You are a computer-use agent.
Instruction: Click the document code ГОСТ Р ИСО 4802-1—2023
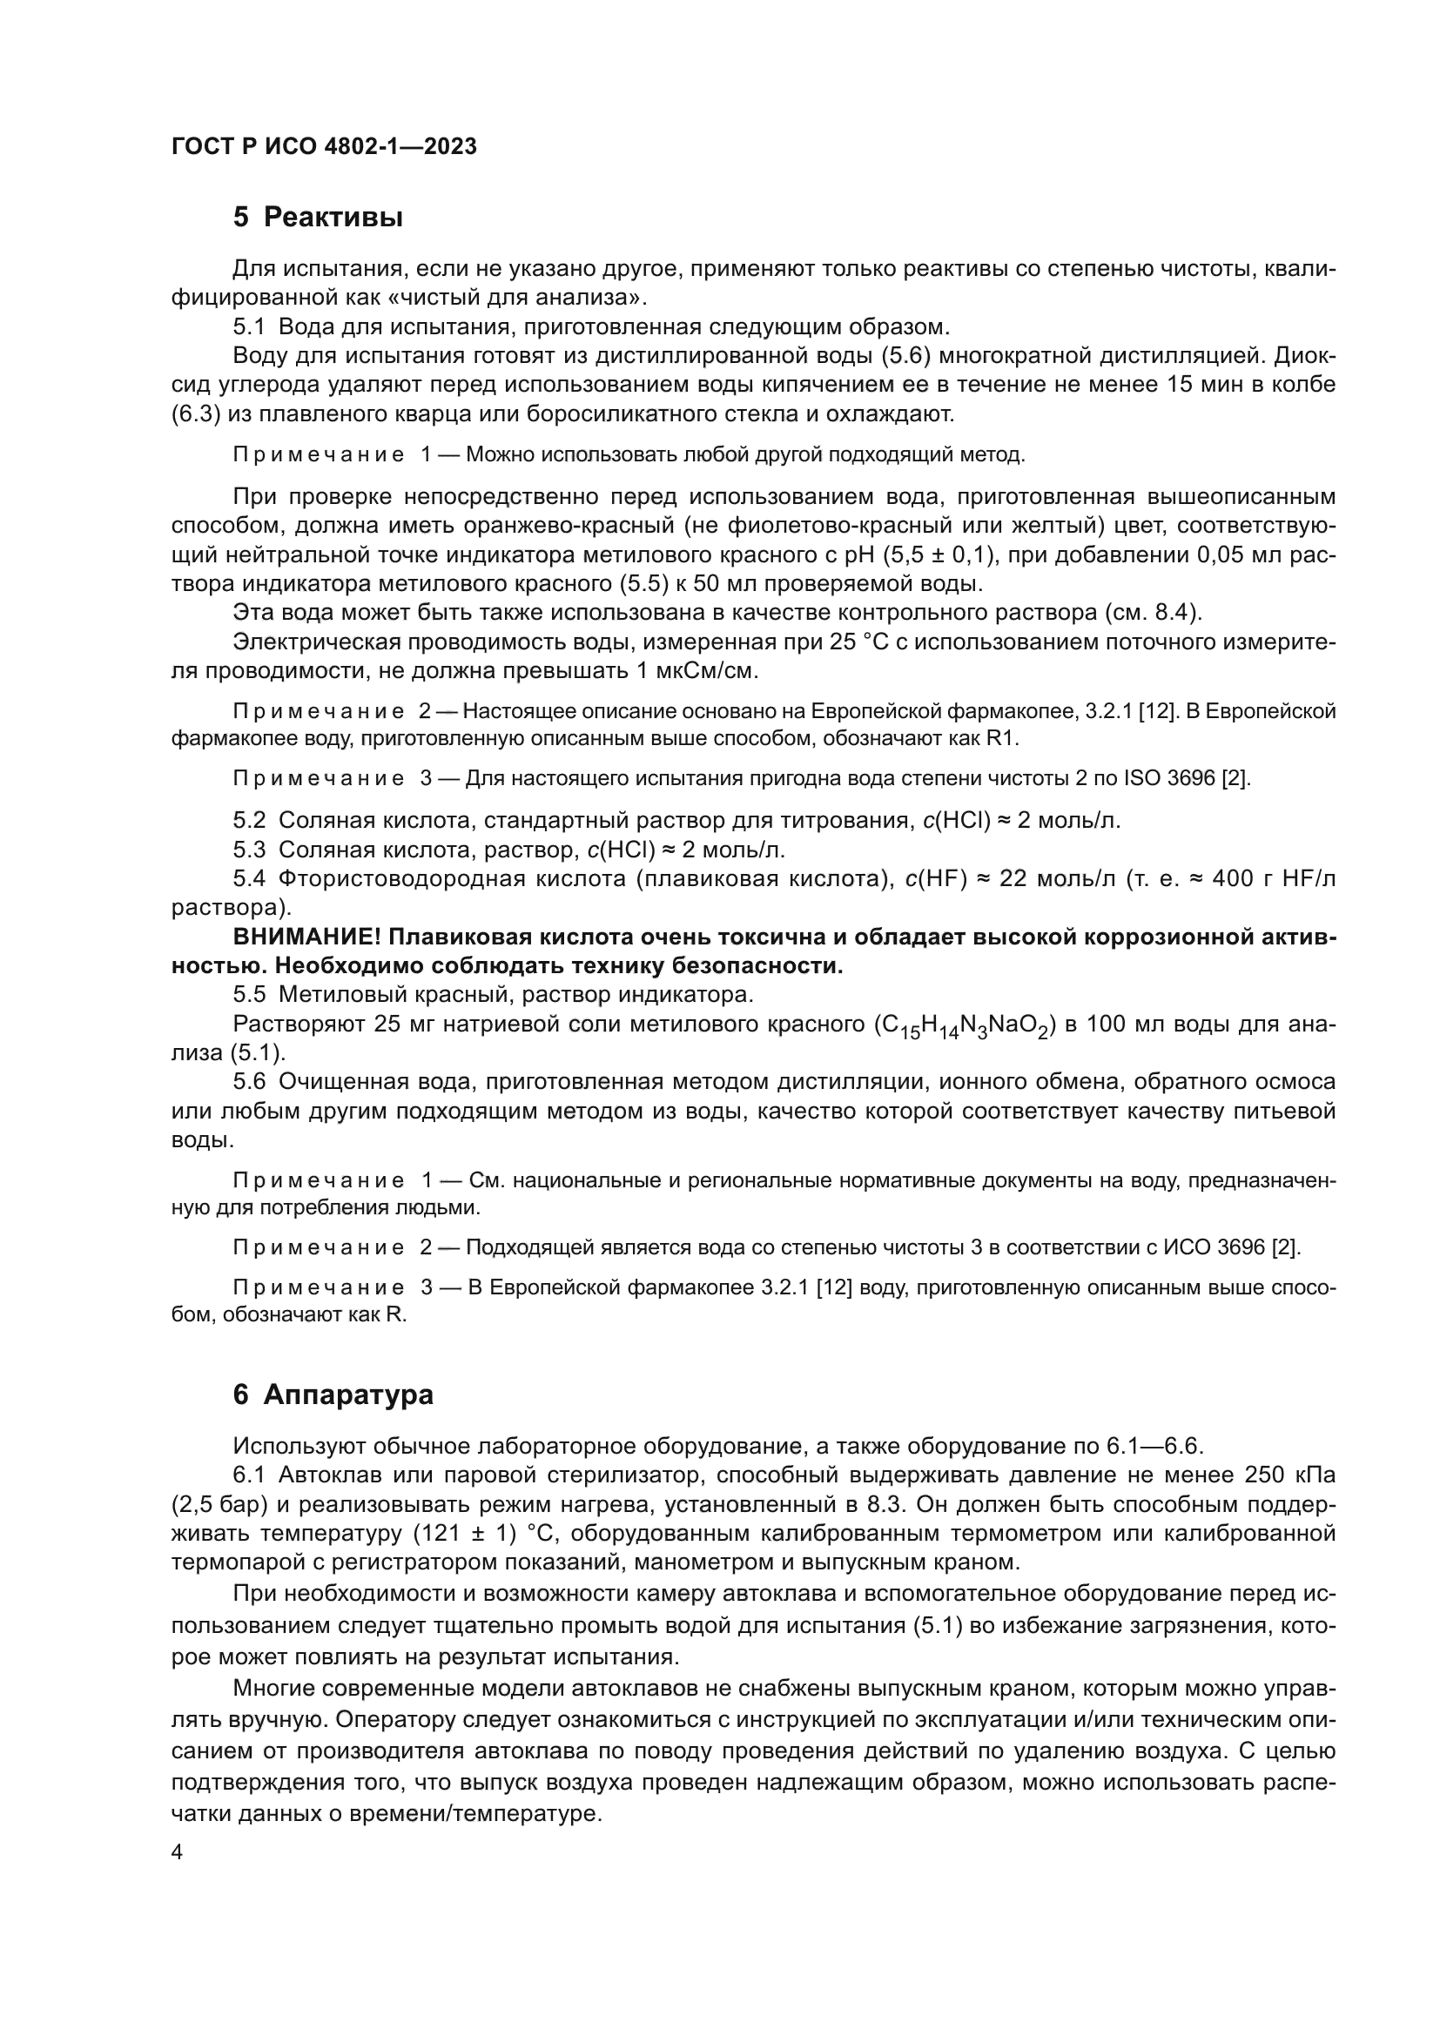(324, 146)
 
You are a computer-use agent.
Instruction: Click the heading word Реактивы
(333, 218)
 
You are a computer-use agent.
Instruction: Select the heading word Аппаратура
(347, 1394)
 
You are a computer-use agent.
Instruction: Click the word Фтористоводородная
(403, 879)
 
